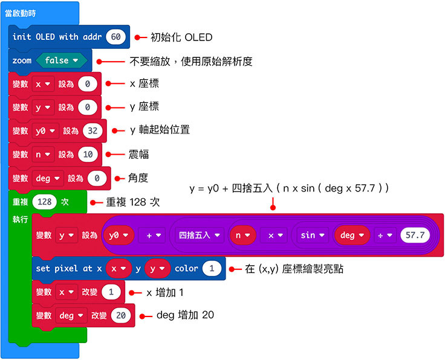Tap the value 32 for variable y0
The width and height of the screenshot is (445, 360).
[93, 130]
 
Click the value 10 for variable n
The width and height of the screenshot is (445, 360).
[88, 154]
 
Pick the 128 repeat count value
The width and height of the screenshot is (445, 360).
[44, 202]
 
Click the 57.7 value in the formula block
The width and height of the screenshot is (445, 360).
[415, 235]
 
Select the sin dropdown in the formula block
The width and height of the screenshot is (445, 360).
[312, 235]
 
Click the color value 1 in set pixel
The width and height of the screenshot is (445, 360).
[212, 268]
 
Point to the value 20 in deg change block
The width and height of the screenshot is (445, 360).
[121, 315]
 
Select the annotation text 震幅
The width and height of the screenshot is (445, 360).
[139, 155]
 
